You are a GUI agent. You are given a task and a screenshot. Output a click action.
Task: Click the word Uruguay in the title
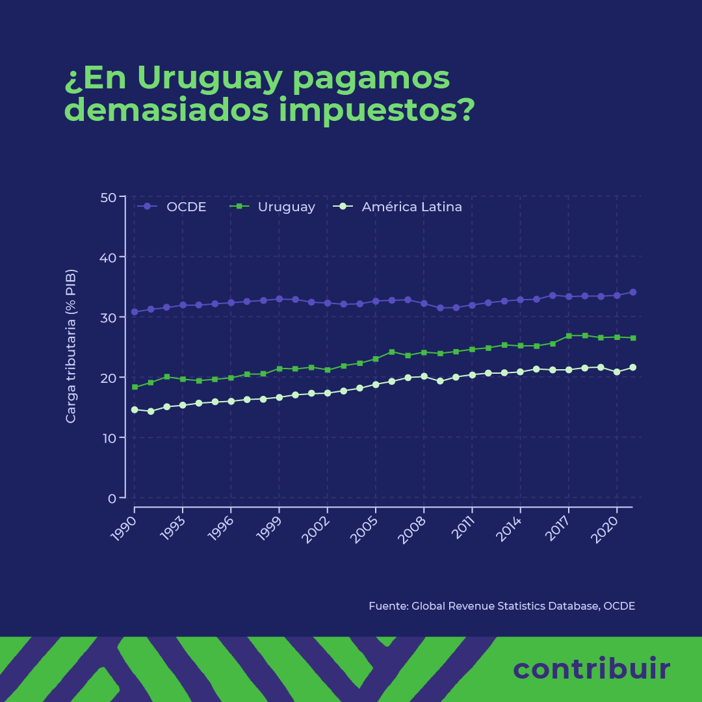[x=209, y=79]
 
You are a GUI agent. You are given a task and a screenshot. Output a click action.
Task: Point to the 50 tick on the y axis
[x=108, y=197]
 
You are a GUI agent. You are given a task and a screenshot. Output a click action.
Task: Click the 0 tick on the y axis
[x=112, y=499]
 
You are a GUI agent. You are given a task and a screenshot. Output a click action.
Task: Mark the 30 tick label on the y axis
[x=108, y=318]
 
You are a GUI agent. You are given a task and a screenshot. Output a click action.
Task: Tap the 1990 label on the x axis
[x=126, y=530]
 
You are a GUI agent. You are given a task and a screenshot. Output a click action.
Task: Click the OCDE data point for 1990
[x=135, y=312]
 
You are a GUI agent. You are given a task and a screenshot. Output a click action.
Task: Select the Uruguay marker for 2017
[x=569, y=336]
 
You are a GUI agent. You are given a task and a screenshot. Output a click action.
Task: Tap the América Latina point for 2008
[x=424, y=376]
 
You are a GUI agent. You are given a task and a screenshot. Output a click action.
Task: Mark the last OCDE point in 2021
[x=632, y=292]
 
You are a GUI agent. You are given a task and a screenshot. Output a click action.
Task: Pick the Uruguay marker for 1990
[x=135, y=387]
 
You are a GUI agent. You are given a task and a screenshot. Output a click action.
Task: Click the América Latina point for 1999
[x=279, y=397]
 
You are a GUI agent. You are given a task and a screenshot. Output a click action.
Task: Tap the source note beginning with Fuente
[x=501, y=606]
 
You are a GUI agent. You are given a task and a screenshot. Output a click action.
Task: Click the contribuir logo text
[x=591, y=669]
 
